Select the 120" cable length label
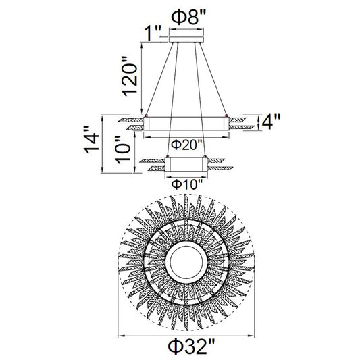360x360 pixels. [x=130, y=76]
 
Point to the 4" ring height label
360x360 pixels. [x=271, y=122]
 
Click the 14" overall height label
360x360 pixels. [x=91, y=140]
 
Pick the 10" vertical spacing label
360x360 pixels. [x=123, y=150]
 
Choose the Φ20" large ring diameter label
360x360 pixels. [x=186, y=145]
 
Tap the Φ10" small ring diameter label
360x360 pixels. [x=187, y=184]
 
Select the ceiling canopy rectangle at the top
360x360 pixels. [x=186, y=39]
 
